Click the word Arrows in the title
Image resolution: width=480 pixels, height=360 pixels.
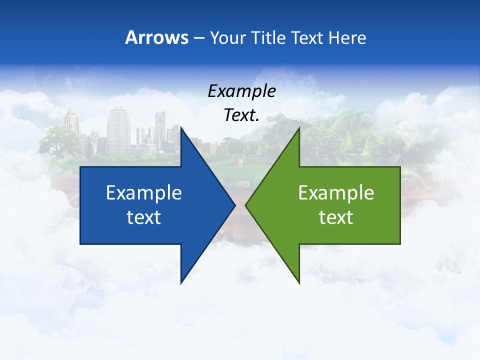coord(156,37)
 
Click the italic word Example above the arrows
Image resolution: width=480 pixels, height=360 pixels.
coord(241,91)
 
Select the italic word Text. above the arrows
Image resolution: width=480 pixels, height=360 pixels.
coord(241,115)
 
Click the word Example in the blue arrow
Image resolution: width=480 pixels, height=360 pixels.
coord(144,192)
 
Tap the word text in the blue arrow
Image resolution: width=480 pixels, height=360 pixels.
coord(144,217)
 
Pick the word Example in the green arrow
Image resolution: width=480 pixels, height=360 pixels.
coord(336,192)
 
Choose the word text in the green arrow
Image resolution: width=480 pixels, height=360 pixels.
coord(336,217)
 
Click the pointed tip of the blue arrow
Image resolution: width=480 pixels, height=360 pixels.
coord(234,205)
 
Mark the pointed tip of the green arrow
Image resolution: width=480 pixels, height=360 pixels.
coord(246,205)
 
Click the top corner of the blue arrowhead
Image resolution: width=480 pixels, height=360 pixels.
coord(181,128)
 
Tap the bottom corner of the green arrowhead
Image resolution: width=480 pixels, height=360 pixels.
coord(299,283)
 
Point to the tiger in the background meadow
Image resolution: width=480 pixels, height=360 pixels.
coord(239,159)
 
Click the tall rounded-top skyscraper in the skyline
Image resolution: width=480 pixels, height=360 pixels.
coord(118,130)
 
